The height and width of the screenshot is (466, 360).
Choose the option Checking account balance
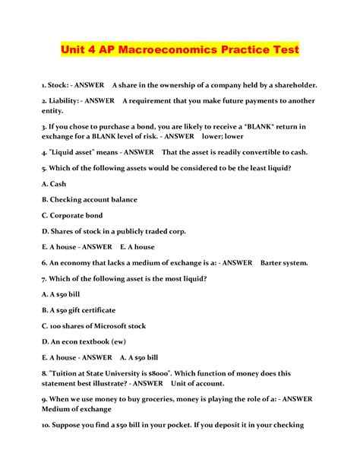[90, 200]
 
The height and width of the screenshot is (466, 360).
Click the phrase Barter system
[284, 263]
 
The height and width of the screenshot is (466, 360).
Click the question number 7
[45, 278]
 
